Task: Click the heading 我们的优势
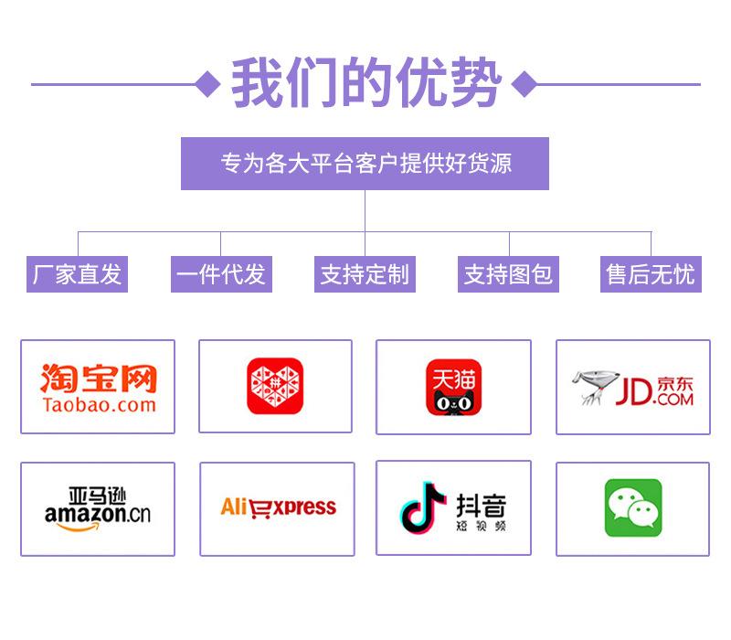[x=365, y=83]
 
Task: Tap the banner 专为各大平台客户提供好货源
[x=365, y=164]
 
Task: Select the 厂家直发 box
[x=77, y=274]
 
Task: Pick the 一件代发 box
[x=220, y=274]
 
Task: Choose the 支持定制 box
[x=365, y=274]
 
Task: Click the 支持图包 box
[x=508, y=274]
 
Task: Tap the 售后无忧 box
[x=651, y=274]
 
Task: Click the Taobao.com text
[x=99, y=404]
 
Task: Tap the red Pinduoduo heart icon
[x=275, y=386]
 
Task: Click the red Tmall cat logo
[x=453, y=387]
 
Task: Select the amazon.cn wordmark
[x=97, y=514]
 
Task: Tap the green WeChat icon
[x=632, y=508]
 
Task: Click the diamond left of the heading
[x=209, y=84]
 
